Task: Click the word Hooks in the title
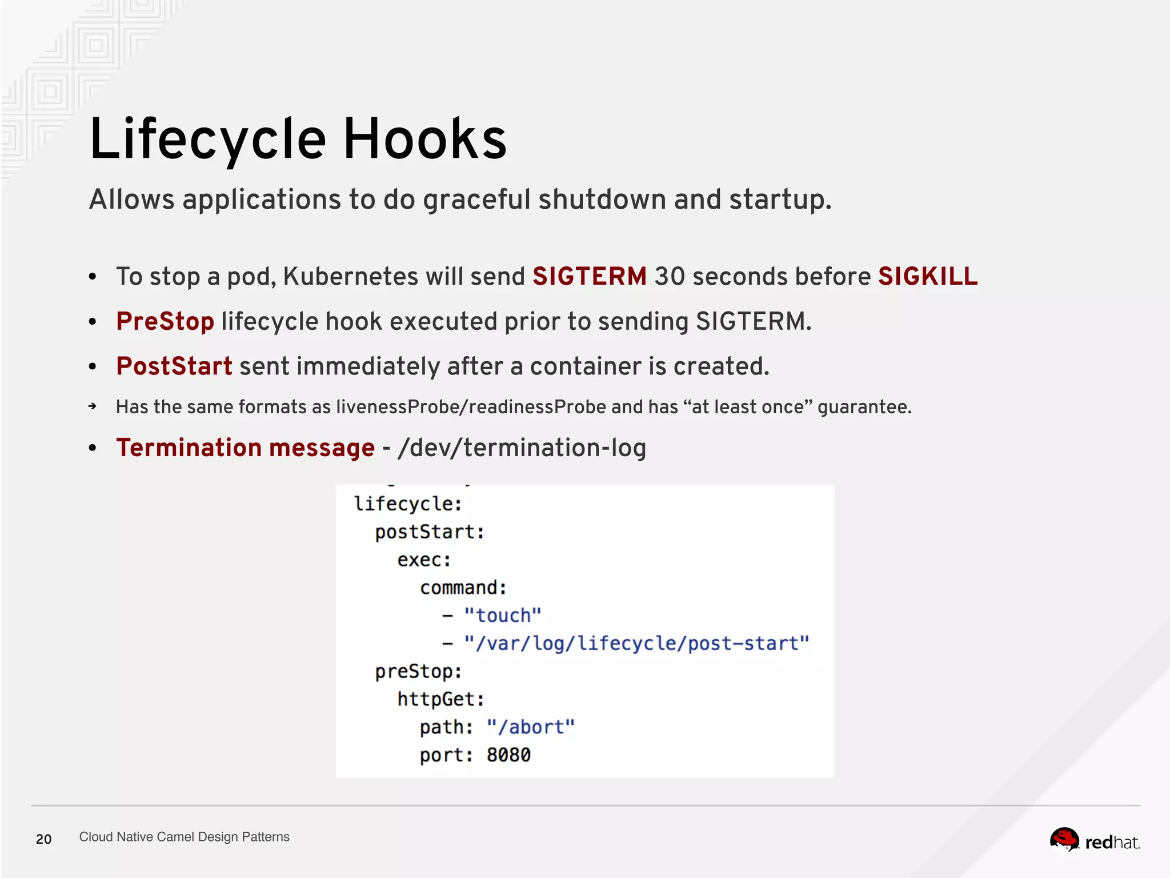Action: pos(424,139)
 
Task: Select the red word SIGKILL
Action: pos(927,277)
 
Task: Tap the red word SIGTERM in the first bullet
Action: pos(590,277)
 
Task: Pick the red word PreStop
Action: pos(165,321)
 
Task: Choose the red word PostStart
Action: pos(174,366)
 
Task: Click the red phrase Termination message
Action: pos(246,448)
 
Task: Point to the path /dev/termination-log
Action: pos(522,448)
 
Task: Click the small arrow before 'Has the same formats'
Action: pos(93,406)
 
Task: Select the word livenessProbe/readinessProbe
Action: pos(471,407)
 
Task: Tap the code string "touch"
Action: pos(502,616)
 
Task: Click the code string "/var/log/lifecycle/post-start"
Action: pos(636,644)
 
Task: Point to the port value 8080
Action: pos(508,755)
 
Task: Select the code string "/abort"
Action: pos(530,727)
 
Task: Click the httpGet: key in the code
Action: pos(440,699)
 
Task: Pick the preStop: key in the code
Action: pos(418,672)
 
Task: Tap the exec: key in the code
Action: pos(424,560)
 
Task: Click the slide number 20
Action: pos(44,839)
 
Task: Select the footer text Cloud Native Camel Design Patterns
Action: pos(184,837)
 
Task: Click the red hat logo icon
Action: pos(1064,840)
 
